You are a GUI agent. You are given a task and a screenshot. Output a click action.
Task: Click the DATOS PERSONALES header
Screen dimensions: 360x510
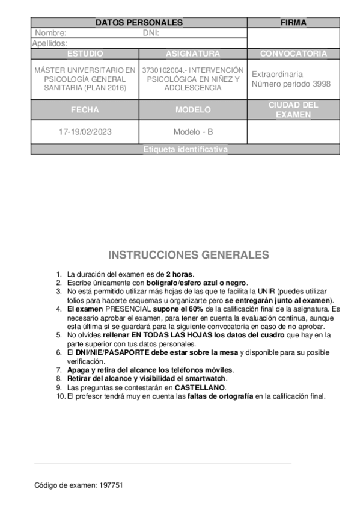[x=139, y=23]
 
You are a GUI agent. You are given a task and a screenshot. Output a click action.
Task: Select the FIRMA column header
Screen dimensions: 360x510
[x=293, y=23]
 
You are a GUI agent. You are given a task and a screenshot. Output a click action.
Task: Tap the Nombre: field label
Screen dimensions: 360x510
[x=50, y=33]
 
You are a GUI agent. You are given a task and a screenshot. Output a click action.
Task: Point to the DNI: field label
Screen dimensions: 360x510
[x=151, y=33]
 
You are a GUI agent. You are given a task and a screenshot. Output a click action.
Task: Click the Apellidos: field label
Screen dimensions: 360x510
[x=49, y=43]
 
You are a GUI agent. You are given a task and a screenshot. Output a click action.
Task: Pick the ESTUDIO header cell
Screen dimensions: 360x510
[x=85, y=54]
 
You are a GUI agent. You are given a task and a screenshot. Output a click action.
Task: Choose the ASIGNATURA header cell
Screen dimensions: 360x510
[x=193, y=54]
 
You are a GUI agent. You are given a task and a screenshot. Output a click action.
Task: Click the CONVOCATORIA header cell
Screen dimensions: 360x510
[x=293, y=54]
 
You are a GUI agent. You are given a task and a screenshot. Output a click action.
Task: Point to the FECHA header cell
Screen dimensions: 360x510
[x=85, y=110]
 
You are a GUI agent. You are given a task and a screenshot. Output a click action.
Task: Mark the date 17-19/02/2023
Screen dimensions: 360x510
[x=85, y=132]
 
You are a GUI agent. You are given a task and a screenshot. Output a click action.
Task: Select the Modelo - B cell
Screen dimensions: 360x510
[x=193, y=132]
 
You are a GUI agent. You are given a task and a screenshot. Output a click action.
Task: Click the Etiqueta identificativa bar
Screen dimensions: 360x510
[x=185, y=150]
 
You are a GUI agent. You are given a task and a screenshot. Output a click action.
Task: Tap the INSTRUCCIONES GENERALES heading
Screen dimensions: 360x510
[x=188, y=255]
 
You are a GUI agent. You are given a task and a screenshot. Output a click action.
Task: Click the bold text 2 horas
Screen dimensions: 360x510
[x=179, y=274]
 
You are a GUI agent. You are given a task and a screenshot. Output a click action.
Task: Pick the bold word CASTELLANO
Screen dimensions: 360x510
[x=200, y=388]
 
